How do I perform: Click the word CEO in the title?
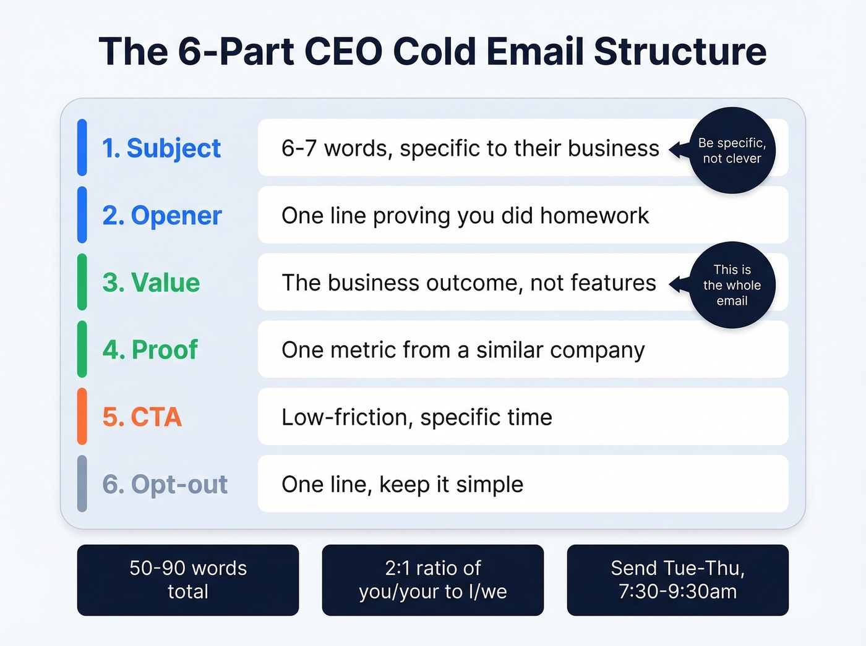click(x=344, y=51)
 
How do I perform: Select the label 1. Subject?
click(x=161, y=148)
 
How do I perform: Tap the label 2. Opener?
click(x=161, y=216)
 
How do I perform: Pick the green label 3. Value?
click(x=151, y=283)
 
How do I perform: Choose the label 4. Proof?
click(x=150, y=350)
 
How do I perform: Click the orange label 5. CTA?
click(x=142, y=417)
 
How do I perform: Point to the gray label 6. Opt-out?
click(x=165, y=485)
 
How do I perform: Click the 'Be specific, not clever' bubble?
click(x=732, y=150)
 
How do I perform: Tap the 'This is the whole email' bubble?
click(x=732, y=285)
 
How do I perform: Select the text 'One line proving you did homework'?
click(x=465, y=216)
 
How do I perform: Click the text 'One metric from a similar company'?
click(x=463, y=350)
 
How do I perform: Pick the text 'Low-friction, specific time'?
click(x=416, y=417)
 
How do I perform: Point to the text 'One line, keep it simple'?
click(x=402, y=485)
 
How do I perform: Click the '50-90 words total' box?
click(x=188, y=580)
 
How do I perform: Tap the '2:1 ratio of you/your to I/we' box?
click(x=433, y=580)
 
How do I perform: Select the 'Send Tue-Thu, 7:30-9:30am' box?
click(x=678, y=580)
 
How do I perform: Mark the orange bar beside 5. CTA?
click(x=82, y=417)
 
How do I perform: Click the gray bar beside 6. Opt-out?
click(x=82, y=484)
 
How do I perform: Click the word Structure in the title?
click(x=680, y=51)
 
